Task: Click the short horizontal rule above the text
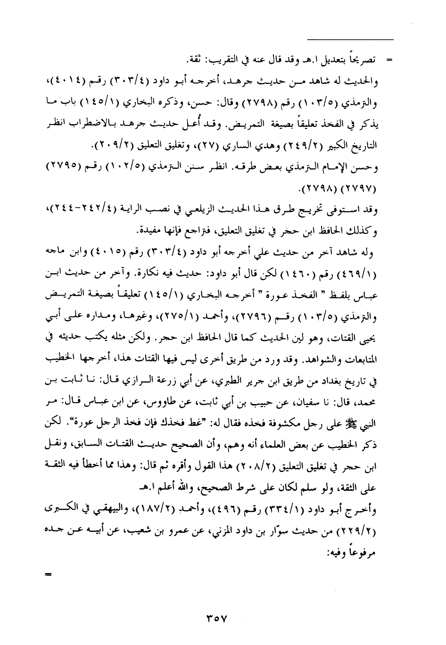pyautogui.click(x=350, y=39)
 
